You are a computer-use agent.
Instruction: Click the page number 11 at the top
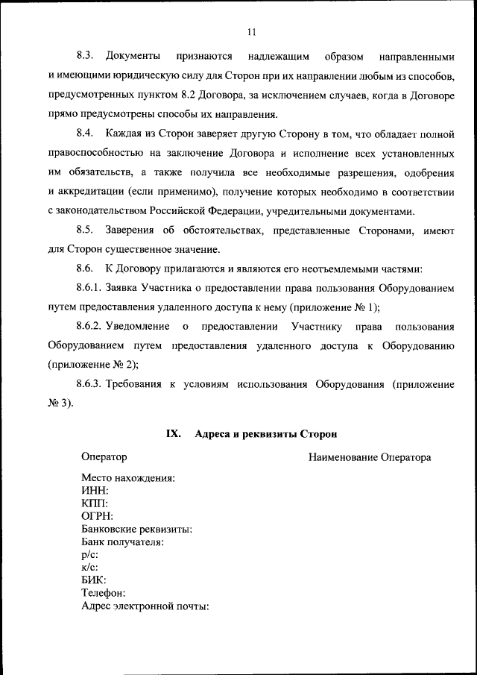[250, 31]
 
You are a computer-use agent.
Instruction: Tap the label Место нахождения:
[128, 478]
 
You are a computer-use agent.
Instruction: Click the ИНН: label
[95, 491]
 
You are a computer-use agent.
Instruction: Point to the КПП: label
[95, 503]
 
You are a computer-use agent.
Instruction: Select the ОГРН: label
[98, 516]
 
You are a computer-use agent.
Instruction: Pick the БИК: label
[94, 580]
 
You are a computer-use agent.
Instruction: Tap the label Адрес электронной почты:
[145, 605]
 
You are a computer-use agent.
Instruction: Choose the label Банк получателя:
[122, 541]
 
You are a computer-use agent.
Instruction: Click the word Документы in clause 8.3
[133, 57]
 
